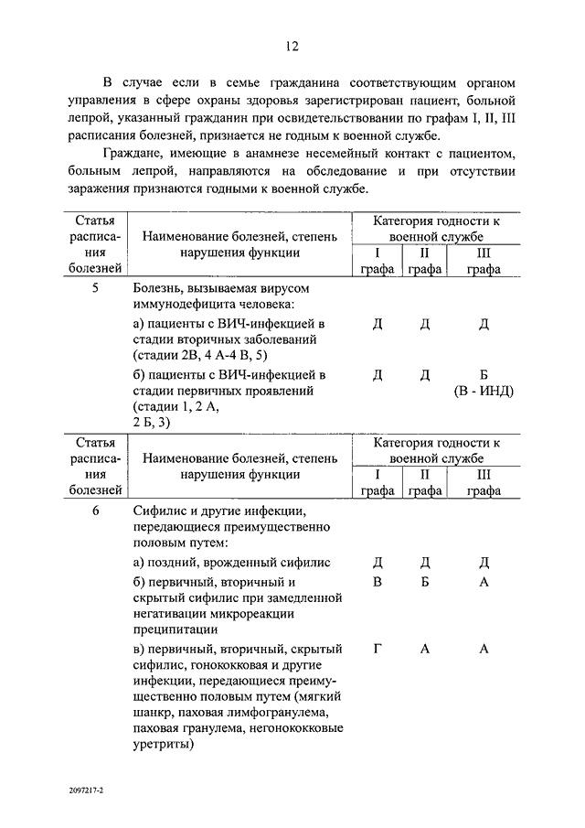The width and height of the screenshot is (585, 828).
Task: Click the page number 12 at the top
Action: coord(292,48)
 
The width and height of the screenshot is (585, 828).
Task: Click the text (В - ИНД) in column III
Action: coord(484,392)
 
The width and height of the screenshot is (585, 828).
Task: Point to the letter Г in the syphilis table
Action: coord(378,649)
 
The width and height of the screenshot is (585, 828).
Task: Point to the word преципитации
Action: coord(175,629)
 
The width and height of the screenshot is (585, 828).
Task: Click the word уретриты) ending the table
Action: coord(164,745)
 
